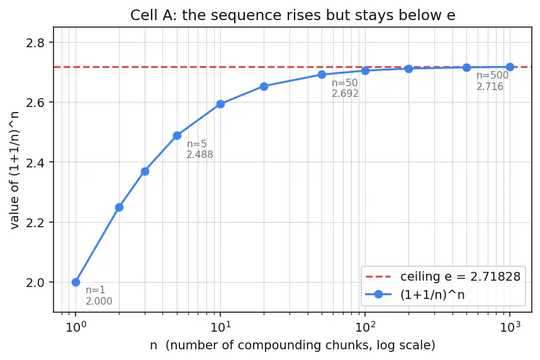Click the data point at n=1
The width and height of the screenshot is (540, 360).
tap(76, 282)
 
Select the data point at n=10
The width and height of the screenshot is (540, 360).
tap(220, 104)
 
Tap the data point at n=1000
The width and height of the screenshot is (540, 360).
tap(510, 67)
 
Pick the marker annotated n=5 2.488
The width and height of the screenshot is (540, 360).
tap(177, 136)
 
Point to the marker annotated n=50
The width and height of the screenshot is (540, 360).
tap(322, 74)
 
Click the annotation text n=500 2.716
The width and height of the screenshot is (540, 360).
tap(492, 81)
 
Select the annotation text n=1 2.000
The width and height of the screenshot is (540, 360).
tap(99, 296)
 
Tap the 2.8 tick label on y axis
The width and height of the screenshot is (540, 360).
tap(35, 43)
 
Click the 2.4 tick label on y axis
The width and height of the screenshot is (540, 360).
tap(35, 162)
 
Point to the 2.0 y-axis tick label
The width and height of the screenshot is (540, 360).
tap(35, 283)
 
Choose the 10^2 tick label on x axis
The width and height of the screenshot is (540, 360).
tap(365, 326)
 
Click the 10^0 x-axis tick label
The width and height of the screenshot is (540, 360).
tap(76, 326)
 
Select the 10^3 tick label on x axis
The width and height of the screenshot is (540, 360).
tap(510, 326)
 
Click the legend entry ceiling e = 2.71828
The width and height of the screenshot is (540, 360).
tap(443, 276)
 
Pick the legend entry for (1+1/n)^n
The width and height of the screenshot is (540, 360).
tap(415, 295)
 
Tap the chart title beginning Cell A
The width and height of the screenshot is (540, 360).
tap(293, 15)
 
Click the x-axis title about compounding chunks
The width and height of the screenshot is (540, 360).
tap(293, 345)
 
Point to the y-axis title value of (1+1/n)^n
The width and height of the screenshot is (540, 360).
tap(14, 169)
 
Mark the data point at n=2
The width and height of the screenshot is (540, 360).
tap(119, 208)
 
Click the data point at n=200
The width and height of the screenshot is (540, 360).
tap(409, 69)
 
